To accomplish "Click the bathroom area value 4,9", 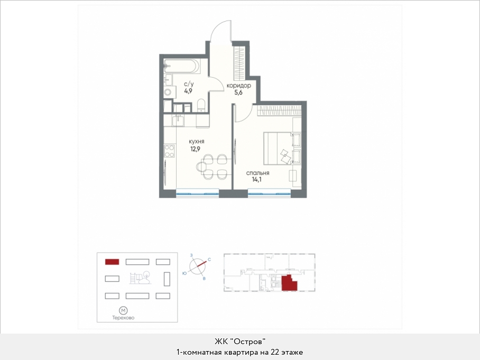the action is click(188, 91).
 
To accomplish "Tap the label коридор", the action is click(239, 86).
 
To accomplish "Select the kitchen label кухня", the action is click(196, 142).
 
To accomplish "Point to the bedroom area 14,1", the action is click(256, 179).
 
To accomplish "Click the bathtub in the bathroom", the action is click(182, 66).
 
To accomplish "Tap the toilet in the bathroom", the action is click(201, 105).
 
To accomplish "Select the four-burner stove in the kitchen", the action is click(169, 151).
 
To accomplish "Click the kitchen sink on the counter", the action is click(178, 121).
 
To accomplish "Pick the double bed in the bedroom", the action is click(282, 148).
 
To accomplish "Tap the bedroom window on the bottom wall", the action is click(269, 192).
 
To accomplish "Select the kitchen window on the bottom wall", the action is click(198, 192).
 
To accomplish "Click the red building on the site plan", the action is click(112, 262).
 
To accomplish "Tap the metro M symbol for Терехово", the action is click(123, 311).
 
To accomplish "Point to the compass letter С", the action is click(209, 260).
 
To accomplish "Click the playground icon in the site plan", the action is click(140, 278).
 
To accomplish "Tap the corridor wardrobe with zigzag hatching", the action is click(239, 63).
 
